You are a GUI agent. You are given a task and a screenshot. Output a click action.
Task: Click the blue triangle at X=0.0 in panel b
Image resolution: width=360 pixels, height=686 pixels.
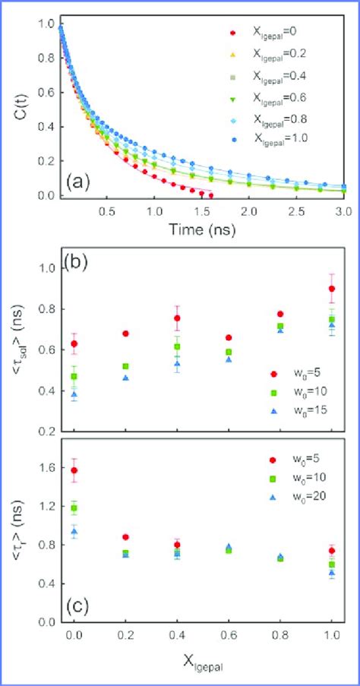74,394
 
